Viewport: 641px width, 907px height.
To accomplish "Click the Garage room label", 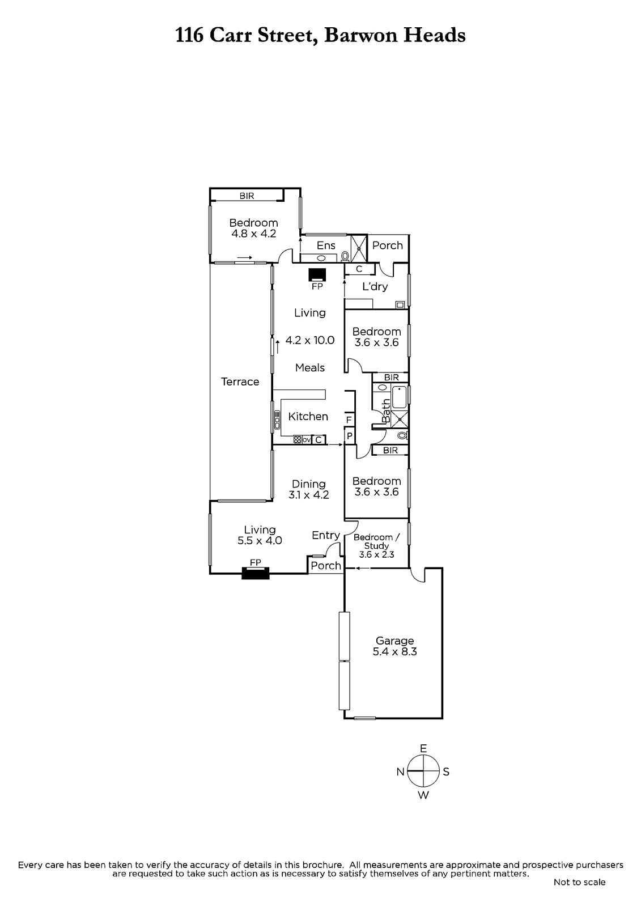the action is click(x=394, y=641).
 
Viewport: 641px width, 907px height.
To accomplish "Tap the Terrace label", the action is click(x=240, y=382).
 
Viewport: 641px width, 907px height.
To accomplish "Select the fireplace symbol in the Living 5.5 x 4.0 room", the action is click(x=256, y=573).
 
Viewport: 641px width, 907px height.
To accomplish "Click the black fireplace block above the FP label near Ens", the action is click(x=317, y=275).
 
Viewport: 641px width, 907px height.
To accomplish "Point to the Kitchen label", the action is click(x=308, y=416).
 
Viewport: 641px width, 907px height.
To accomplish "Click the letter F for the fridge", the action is click(x=349, y=419).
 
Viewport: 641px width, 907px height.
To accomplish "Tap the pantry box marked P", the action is click(x=350, y=436).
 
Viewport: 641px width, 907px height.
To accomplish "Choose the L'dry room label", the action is click(x=375, y=287).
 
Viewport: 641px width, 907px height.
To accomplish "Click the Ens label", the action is click(x=326, y=245).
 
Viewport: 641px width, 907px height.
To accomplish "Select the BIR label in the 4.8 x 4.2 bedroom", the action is click(x=247, y=196).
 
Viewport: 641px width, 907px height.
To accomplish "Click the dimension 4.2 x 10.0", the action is click(x=310, y=340).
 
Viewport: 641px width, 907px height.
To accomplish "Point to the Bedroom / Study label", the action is click(x=376, y=541).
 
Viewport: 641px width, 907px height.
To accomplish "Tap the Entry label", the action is click(x=325, y=535).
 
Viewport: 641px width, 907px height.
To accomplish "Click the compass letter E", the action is click(x=423, y=748).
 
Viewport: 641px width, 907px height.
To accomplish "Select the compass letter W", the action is click(x=423, y=795).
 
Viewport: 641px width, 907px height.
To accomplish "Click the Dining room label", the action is click(x=308, y=484).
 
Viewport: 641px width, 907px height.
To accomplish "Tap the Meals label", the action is click(x=310, y=368).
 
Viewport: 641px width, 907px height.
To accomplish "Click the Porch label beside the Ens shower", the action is click(x=388, y=245).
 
